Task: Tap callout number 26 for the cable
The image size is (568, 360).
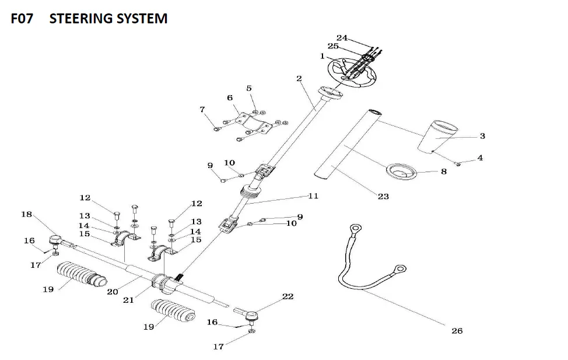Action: [x=457, y=331]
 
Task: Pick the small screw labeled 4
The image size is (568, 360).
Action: [x=459, y=165]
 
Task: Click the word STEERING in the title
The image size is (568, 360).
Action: [x=108, y=19]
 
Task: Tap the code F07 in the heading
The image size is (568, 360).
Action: [x=23, y=19]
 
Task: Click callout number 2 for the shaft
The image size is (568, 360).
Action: [x=299, y=78]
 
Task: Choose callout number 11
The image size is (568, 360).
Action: [x=313, y=196]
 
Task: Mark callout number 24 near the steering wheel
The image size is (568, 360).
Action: [x=342, y=38]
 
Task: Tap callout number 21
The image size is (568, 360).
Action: [x=128, y=300]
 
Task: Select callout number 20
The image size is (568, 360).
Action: [x=113, y=292]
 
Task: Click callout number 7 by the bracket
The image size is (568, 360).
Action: [x=202, y=109]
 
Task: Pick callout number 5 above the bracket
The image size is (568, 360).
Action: [x=249, y=88]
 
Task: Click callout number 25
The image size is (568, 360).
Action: [x=333, y=46]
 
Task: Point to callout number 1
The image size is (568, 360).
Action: [x=322, y=56]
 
